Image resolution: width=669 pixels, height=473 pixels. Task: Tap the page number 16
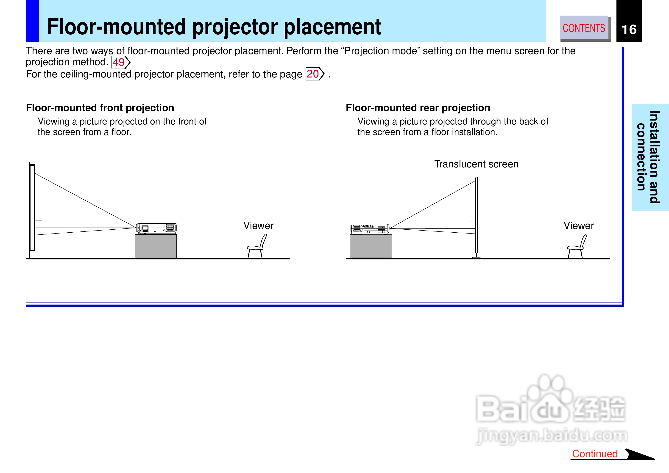pyautogui.click(x=629, y=29)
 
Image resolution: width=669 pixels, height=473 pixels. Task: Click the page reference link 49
pyautogui.click(x=121, y=62)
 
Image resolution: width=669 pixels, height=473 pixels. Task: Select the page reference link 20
pyautogui.click(x=315, y=74)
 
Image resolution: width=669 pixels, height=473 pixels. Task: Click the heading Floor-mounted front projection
pyautogui.click(x=100, y=108)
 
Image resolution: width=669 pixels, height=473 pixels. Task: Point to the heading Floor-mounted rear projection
pyautogui.click(x=418, y=108)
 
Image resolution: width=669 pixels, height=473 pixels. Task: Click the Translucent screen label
pyautogui.click(x=476, y=164)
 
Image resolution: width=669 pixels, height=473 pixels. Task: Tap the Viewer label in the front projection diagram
pyautogui.click(x=258, y=226)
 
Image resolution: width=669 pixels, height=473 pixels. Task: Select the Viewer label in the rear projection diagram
pyautogui.click(x=579, y=226)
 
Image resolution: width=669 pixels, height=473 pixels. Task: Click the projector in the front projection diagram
pyautogui.click(x=156, y=228)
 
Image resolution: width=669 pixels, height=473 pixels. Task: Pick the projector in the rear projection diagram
pyautogui.click(x=370, y=229)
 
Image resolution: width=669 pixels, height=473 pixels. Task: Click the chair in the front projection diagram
pyautogui.click(x=257, y=246)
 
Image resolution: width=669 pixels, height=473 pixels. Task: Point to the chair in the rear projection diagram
pyautogui.click(x=577, y=246)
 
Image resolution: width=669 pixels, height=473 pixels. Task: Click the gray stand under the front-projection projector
pyautogui.click(x=156, y=246)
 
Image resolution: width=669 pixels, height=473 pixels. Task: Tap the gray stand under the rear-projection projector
pyautogui.click(x=371, y=246)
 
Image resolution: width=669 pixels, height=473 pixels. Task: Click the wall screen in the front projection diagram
pyautogui.click(x=32, y=207)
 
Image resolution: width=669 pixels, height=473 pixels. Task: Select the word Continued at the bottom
pyautogui.click(x=595, y=454)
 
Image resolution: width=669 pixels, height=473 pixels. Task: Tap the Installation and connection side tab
pyautogui.click(x=650, y=157)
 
